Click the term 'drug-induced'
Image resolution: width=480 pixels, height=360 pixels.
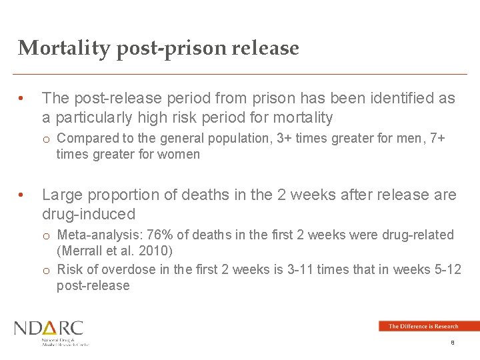point(89,214)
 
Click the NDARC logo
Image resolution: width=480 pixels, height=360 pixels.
point(50,331)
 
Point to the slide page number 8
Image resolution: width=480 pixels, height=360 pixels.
point(453,343)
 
